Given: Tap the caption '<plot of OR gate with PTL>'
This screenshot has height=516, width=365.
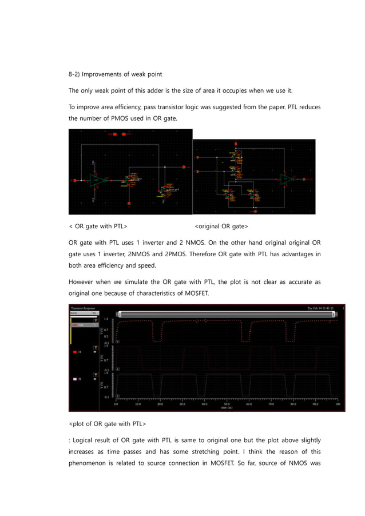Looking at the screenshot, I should click(107, 424).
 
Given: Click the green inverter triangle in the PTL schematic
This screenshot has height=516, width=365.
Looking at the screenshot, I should click(97, 180).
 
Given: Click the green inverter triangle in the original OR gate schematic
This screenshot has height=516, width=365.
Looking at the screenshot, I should click(287, 179).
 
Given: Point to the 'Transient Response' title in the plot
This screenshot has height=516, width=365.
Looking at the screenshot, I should click(83, 308).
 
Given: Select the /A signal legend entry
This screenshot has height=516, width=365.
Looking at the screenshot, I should click(79, 352).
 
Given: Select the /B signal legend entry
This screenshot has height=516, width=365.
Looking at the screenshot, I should click(79, 379).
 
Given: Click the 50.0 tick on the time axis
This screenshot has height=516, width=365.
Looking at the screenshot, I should click(227, 404).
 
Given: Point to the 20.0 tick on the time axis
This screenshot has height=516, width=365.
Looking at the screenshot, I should click(160, 404).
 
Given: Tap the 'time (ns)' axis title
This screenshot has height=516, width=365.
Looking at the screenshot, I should click(227, 408).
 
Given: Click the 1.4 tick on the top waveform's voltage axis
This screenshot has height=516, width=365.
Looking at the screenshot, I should click(106, 319).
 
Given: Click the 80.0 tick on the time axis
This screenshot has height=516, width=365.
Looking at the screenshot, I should click(293, 404).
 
